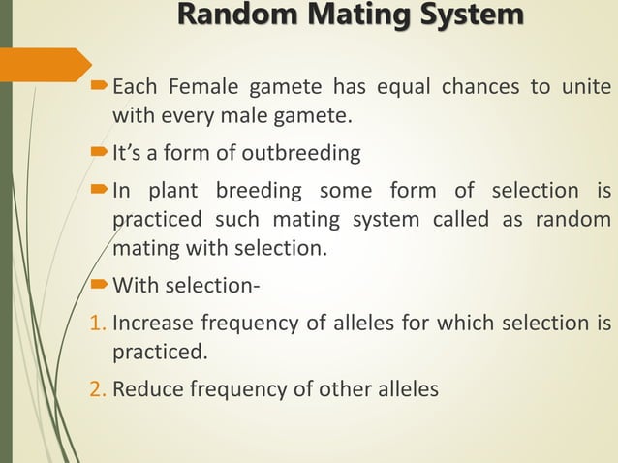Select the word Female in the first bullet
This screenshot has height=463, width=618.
[202, 90]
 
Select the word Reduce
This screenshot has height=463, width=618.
[146, 389]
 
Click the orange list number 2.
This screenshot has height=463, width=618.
[99, 389]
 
